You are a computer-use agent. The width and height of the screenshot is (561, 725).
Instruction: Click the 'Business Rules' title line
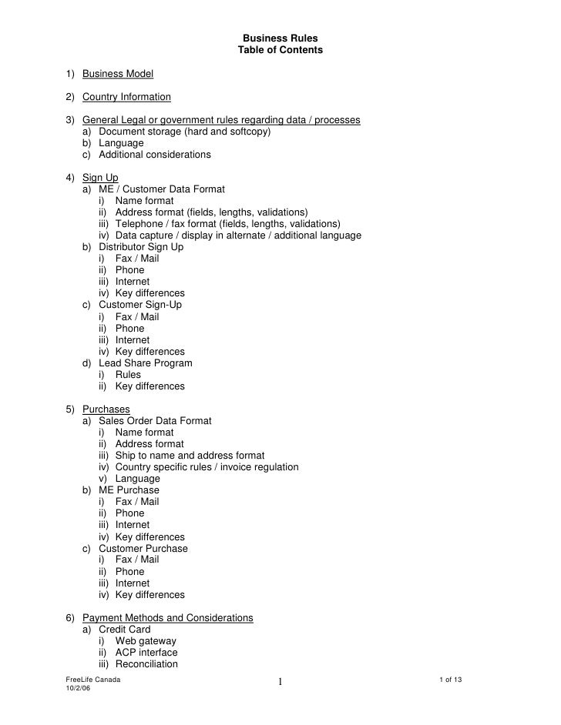280,38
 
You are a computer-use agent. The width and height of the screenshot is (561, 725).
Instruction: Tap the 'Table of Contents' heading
280,50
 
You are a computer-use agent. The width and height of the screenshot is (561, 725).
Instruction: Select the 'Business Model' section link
118,74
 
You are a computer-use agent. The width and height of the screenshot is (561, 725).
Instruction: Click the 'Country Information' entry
126,97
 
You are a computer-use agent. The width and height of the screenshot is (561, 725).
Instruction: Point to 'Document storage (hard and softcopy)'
185,132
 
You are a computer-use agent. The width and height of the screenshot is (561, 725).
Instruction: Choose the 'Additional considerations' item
154,155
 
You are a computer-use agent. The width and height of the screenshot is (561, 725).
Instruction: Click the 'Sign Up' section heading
100,178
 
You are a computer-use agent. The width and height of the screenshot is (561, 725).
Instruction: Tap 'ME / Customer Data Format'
162,189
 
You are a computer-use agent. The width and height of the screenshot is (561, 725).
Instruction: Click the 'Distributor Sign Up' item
141,247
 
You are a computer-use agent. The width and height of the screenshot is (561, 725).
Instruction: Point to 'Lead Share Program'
146,362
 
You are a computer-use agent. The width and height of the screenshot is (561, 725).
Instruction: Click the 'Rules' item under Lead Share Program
128,375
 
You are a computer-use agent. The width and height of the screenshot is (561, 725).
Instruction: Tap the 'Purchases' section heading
106,409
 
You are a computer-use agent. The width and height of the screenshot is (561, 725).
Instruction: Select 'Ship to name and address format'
190,456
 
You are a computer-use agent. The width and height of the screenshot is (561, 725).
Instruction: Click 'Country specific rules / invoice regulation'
207,467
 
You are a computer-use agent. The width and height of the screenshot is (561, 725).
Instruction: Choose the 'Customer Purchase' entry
143,549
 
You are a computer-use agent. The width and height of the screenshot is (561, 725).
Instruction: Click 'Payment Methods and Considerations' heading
167,618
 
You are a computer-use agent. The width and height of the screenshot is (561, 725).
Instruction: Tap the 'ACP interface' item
146,653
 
